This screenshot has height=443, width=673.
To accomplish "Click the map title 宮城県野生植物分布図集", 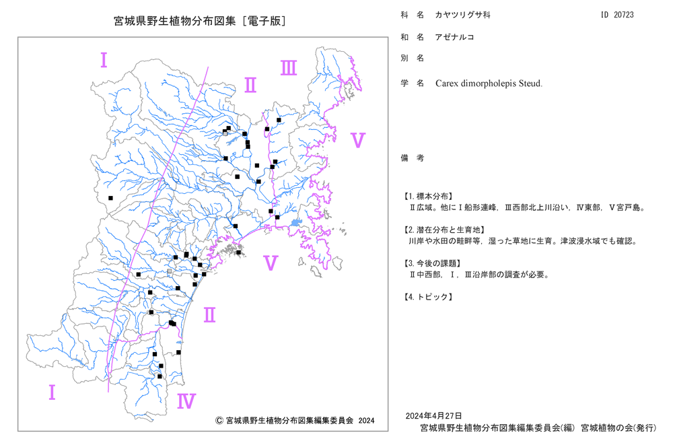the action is point(175,21).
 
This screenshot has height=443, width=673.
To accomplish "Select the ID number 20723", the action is point(623,15).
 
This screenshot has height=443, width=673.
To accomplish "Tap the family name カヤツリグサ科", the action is point(463,15).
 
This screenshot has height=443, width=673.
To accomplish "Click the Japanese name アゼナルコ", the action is point(454,37).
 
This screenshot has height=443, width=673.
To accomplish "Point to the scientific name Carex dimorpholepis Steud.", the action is point(489,83).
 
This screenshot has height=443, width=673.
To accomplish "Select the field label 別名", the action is point(413,58).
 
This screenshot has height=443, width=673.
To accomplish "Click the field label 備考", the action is point(413,158).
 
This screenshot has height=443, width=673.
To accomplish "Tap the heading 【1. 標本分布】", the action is point(427,196).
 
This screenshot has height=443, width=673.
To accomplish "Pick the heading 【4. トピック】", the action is point(427,297).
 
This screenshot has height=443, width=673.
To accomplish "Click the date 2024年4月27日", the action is point(433,415).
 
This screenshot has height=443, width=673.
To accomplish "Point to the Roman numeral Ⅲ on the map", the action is point(289,68).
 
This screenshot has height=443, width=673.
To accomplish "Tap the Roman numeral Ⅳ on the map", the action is point(186,401).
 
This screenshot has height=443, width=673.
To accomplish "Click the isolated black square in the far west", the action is point(111,198).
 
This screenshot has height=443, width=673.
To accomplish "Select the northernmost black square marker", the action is point(279,121).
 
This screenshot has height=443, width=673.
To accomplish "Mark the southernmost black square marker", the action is point(160,376).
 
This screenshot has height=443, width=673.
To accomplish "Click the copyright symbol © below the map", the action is point(219,421).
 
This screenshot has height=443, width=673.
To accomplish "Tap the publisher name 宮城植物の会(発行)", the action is point(618,428).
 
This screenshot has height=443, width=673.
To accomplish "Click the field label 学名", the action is point(413,83).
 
